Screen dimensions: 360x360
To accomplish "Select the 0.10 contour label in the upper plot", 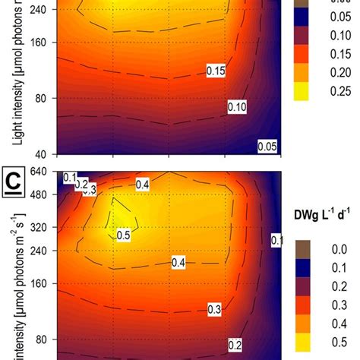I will pos(238,109).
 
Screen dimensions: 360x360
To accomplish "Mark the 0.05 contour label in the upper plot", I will pos(267,146).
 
